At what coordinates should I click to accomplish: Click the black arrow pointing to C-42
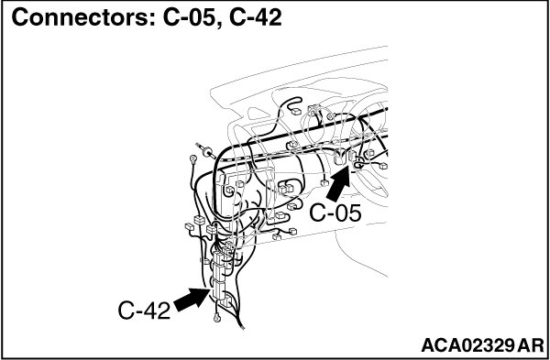tap(192, 299)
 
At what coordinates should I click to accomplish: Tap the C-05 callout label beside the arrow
tap(335, 213)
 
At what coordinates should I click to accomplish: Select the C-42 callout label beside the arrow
tap(144, 311)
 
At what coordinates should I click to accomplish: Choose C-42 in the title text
tap(256, 17)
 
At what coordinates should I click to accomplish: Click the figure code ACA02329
tap(467, 345)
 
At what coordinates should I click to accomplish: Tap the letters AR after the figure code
tap(530, 345)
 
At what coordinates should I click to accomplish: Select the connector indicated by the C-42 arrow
tap(219, 290)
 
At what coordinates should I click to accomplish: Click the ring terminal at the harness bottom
tap(217, 318)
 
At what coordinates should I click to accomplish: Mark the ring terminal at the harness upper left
tap(192, 158)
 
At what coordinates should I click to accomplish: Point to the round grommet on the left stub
tap(208, 151)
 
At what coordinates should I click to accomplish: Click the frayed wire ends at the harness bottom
tap(241, 325)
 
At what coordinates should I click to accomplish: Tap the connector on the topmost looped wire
tap(296, 112)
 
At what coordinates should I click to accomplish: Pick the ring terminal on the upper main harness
tap(330, 116)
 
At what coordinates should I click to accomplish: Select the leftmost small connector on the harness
tap(190, 226)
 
